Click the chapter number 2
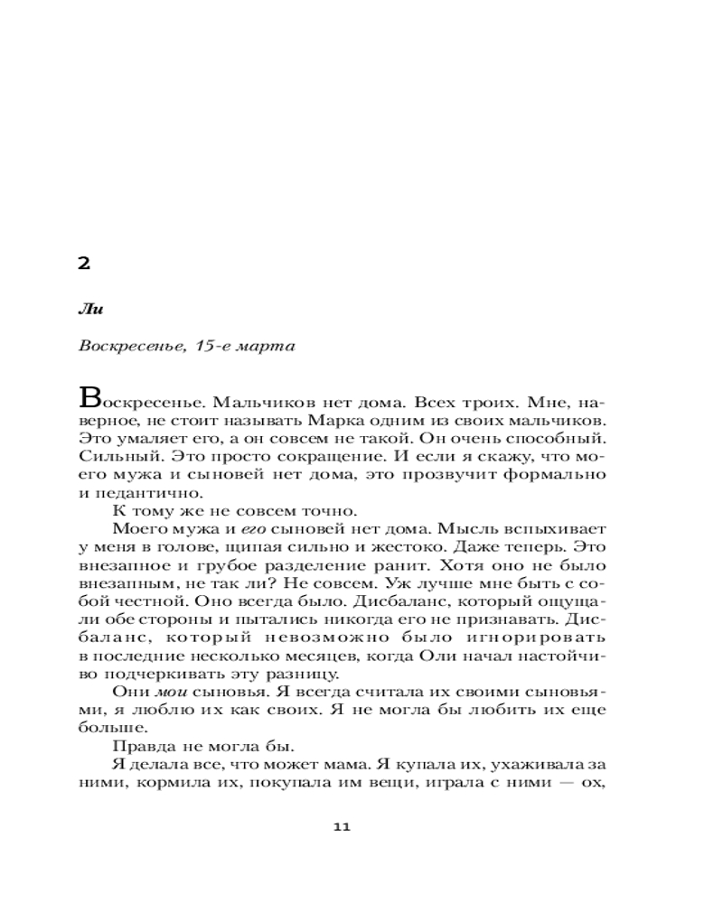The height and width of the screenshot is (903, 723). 83,264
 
